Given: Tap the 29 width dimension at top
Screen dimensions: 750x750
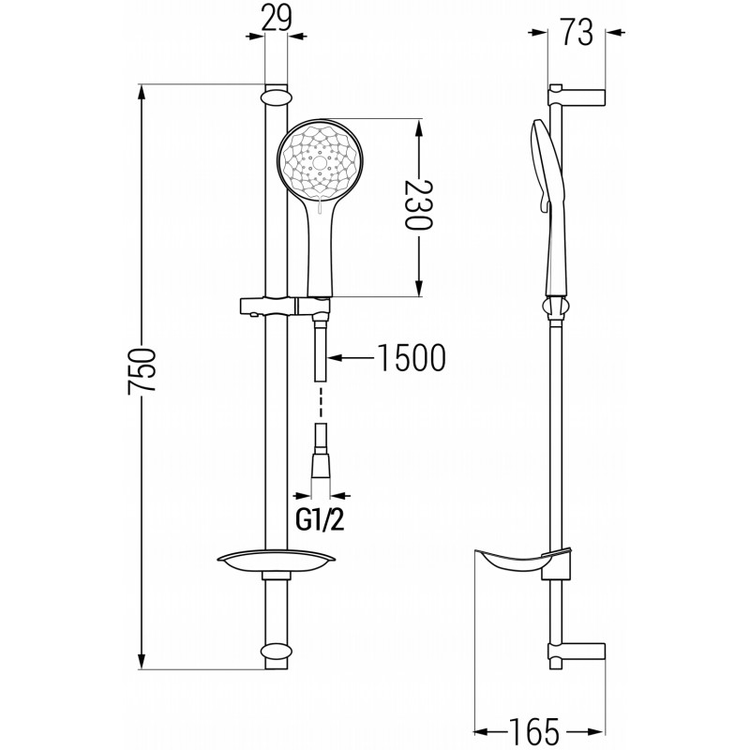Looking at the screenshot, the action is pyautogui.click(x=277, y=19).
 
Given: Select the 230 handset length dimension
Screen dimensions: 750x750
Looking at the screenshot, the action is pyautogui.click(x=418, y=204).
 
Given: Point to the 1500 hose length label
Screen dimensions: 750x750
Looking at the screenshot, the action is pyautogui.click(x=412, y=358).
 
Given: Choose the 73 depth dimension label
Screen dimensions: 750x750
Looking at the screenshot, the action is pyautogui.click(x=577, y=33).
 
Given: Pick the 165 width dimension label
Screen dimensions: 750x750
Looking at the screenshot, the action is pyautogui.click(x=533, y=732).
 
